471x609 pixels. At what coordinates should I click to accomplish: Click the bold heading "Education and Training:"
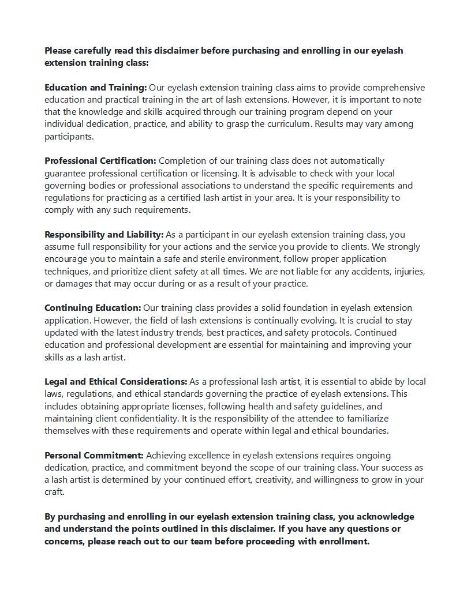(96, 88)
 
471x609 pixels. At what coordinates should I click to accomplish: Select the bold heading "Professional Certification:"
(100, 161)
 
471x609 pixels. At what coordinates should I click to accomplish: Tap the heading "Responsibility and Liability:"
(104, 235)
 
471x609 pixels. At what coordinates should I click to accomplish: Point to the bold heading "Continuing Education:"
(93, 308)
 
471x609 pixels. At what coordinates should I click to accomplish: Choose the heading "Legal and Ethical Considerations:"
(116, 382)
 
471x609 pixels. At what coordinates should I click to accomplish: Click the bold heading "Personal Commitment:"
(94, 456)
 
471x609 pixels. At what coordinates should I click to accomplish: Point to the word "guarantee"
(67, 173)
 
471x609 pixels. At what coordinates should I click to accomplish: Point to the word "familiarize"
(362, 418)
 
